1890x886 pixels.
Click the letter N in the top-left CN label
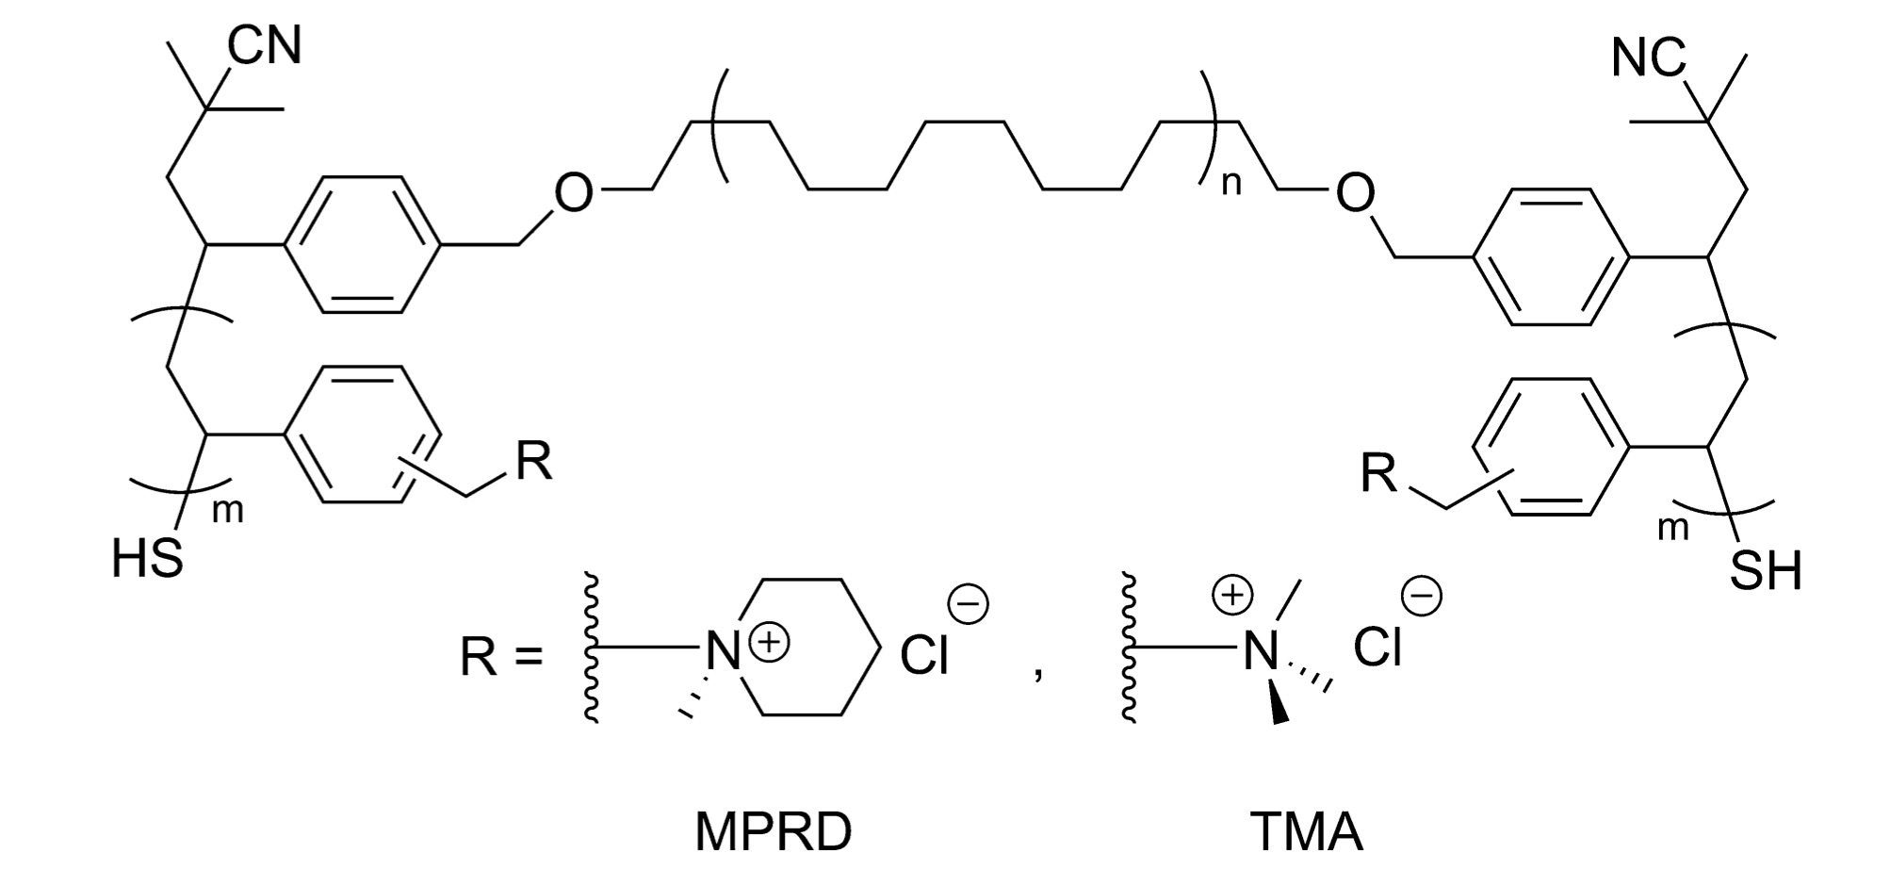(284, 44)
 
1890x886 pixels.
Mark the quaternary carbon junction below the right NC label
(1707, 122)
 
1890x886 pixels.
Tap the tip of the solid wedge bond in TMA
(1280, 722)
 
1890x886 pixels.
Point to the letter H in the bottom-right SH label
(1783, 571)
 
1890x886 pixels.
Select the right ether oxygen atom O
(1355, 192)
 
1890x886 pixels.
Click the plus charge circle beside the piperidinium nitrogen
(770, 643)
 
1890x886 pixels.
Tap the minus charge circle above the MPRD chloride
(968, 605)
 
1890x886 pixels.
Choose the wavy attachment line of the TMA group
(1129, 647)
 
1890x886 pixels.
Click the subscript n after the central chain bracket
(1231, 184)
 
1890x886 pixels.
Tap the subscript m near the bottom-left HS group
(229, 511)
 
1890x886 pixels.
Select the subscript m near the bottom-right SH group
(1673, 528)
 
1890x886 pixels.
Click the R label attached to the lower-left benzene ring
(532, 463)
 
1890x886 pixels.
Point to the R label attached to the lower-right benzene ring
(1379, 473)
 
